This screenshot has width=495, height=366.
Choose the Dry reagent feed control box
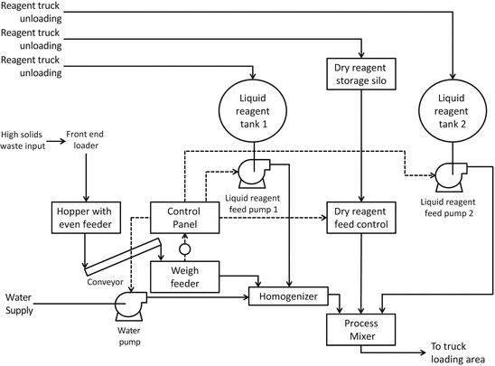361,218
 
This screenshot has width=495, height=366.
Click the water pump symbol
133,307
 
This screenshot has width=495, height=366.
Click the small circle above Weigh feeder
184,249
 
